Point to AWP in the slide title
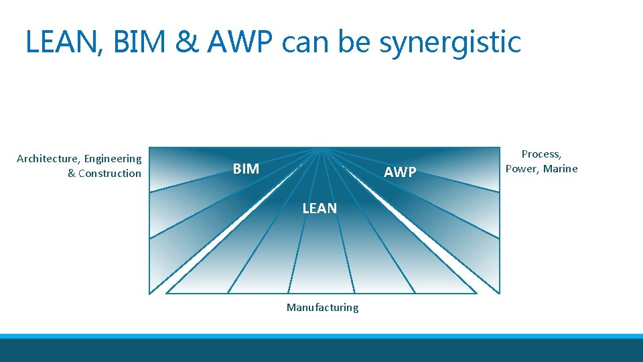tap(241, 42)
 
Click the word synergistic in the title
tap(449, 43)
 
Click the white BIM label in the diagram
tap(246, 169)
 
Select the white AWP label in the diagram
tap(400, 172)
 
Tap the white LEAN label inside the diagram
tap(319, 208)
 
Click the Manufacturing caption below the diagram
tap(322, 308)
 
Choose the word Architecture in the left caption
tap(47, 159)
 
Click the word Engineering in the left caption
tap(113, 160)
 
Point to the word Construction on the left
tap(110, 174)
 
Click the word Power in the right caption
tap(522, 169)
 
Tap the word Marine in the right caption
tap(561, 169)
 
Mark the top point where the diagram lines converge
tap(323, 149)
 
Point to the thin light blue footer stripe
tap(321, 336)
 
